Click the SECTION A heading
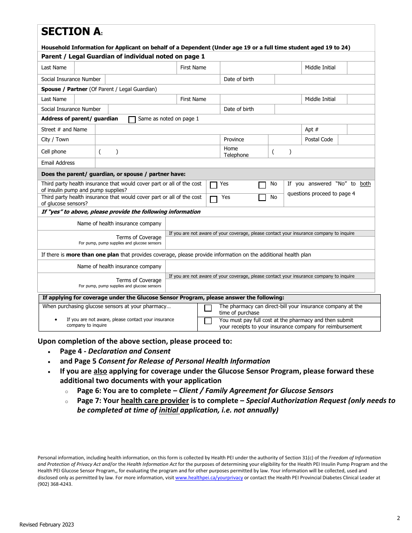point(71,32)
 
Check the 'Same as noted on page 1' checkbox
point(132,120)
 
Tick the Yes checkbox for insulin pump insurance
point(213,185)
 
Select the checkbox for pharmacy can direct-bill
point(208,308)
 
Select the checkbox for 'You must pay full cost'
point(208,321)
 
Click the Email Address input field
point(234,163)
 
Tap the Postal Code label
point(319,140)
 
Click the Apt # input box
point(360,130)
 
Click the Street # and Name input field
point(197,130)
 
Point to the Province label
point(234,140)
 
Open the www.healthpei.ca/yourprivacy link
point(209,478)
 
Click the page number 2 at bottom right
point(398,518)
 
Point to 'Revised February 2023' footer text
point(46,525)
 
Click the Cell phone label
point(54,152)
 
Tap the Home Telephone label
point(236,152)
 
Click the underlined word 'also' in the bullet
point(100,371)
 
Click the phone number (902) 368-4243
point(55,484)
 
